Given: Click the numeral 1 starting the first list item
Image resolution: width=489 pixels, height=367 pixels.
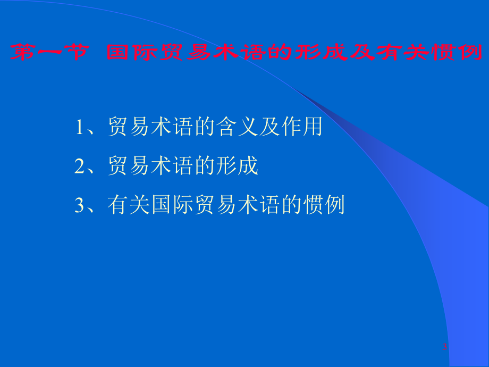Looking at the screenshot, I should [80, 128].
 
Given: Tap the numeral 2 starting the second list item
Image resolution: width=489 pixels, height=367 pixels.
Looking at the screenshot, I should [80, 166].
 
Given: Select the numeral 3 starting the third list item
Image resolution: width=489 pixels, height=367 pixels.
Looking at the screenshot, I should [80, 205].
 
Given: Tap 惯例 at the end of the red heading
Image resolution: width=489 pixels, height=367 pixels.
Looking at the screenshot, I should [457, 53].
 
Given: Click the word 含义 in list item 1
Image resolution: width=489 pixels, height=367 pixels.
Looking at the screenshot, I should [227, 128].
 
